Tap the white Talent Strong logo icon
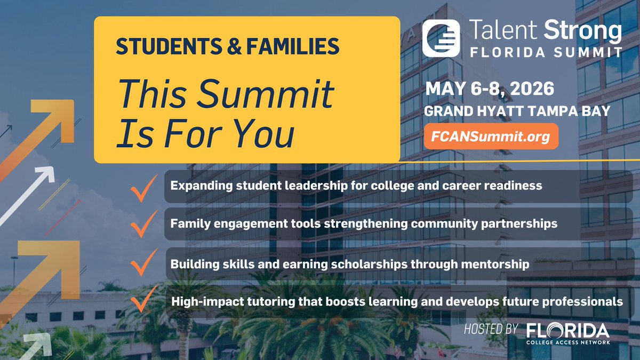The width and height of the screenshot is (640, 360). click(x=441, y=38)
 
